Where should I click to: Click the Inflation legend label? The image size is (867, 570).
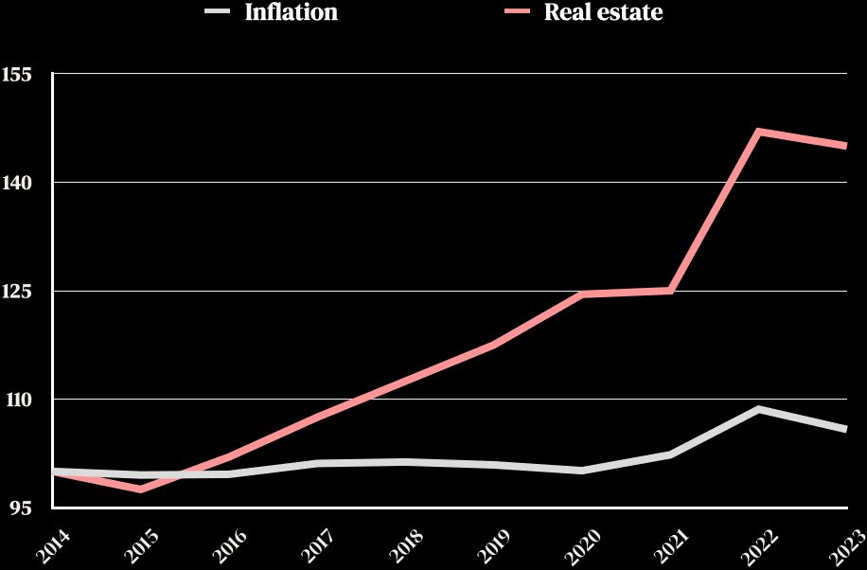pos(291,13)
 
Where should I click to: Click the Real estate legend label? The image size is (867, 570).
pos(603,13)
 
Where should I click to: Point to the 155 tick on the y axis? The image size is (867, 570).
pos(18,73)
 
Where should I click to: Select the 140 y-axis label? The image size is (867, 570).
pos(18,182)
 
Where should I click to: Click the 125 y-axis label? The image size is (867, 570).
pos(18,291)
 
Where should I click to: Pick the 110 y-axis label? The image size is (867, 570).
pos(18,400)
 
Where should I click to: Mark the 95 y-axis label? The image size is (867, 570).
pos(22,508)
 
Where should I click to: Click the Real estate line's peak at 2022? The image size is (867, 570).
pos(759,132)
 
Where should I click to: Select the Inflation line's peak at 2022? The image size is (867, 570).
pos(759,409)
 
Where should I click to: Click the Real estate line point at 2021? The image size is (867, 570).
pos(670,290)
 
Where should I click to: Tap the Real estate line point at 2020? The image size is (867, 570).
pos(583,294)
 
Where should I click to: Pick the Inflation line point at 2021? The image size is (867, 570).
pos(670,454)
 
